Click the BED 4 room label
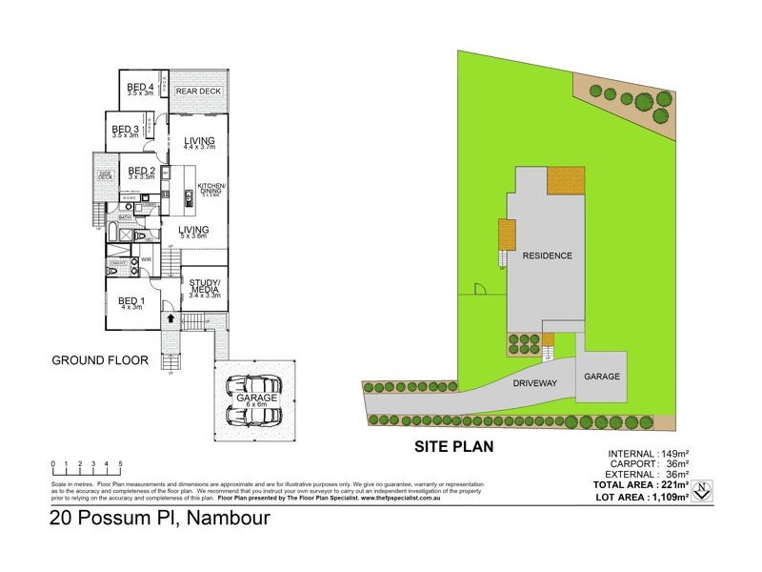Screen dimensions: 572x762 point(141,87)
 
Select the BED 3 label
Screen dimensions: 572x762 point(125,130)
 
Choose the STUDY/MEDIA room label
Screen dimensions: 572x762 point(205,285)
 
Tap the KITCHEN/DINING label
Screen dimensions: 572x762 point(211,187)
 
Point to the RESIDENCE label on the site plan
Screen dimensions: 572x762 point(547,255)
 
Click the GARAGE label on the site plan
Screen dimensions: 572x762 point(602,377)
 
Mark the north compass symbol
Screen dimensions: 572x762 point(702,491)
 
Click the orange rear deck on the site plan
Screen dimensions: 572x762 point(565,178)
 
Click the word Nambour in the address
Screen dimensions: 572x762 point(230,520)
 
